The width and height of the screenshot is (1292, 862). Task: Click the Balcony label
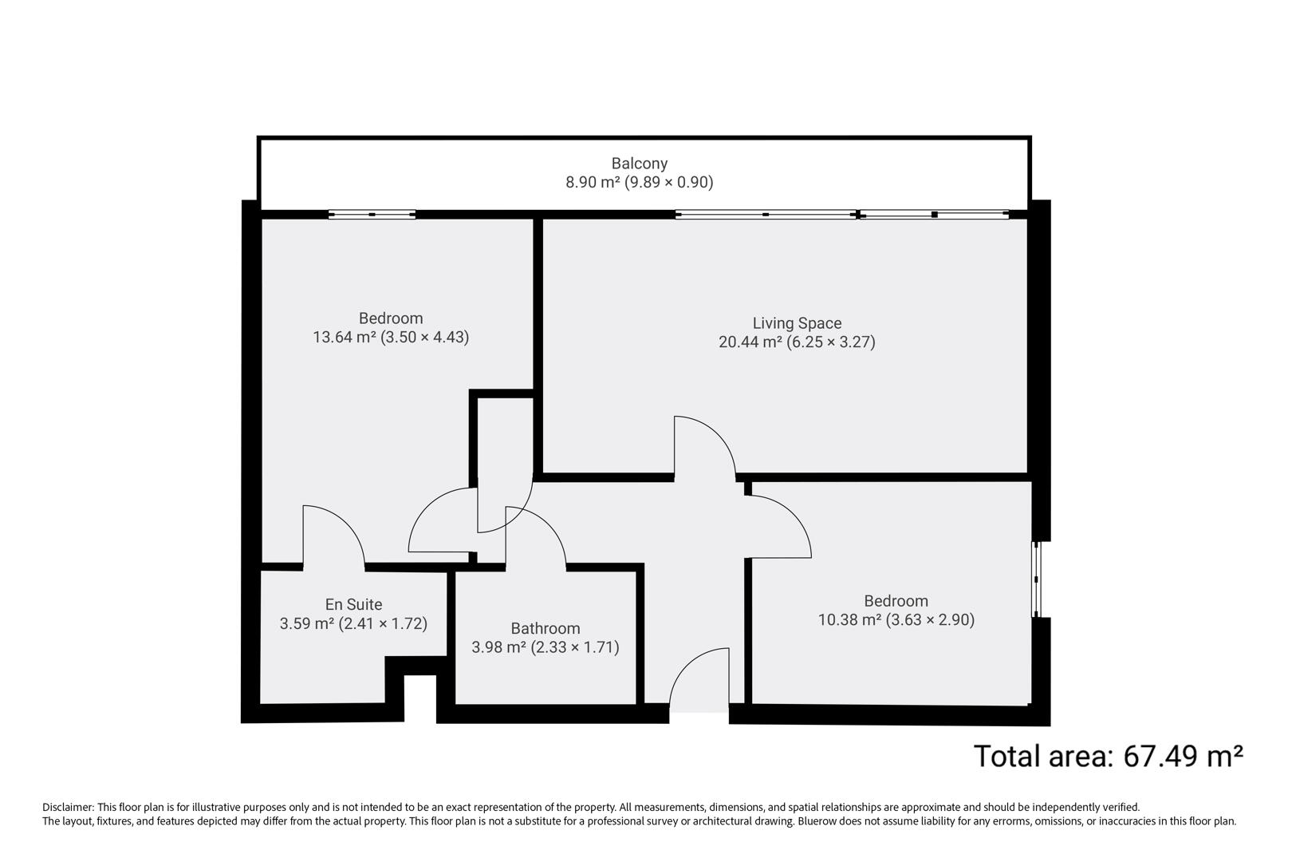coord(639,164)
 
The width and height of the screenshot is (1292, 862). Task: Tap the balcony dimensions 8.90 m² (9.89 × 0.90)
coord(639,182)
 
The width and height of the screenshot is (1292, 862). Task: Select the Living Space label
coord(797,323)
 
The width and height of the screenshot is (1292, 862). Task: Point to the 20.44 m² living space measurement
coord(797,342)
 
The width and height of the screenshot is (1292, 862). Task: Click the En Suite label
coord(353,605)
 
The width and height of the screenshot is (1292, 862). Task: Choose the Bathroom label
coord(546,629)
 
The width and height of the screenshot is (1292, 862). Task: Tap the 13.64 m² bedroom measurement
coord(391,337)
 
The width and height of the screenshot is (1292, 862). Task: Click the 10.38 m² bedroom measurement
coord(896,619)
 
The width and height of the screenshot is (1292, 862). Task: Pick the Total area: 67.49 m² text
coord(1109,755)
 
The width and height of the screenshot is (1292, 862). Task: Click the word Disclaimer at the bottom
coord(68,808)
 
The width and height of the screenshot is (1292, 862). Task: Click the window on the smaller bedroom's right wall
coord(1036,579)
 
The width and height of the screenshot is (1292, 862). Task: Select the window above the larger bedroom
coord(372,214)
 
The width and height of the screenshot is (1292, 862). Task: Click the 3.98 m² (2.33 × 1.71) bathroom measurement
coord(546,647)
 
